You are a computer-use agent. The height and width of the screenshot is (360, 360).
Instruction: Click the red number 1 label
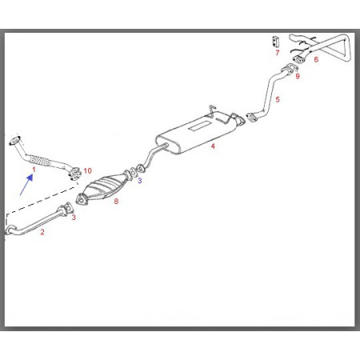tap(34, 170)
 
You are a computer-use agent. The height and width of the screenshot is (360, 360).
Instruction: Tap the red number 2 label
tap(42, 232)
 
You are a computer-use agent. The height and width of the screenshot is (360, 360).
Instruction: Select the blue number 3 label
tap(140, 181)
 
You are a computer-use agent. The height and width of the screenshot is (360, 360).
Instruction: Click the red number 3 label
tap(74, 217)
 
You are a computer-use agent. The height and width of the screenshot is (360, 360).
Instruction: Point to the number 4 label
tap(213, 146)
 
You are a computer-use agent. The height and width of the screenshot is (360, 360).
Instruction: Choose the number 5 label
tap(278, 99)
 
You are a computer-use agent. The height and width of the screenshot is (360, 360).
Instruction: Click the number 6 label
tap(316, 59)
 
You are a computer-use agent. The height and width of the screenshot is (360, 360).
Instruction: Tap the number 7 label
tap(278, 53)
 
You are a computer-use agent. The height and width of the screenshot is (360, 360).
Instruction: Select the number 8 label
tap(116, 202)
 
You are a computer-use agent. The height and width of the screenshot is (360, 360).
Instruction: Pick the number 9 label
tap(298, 76)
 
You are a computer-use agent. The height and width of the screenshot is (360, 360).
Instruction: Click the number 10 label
tap(87, 170)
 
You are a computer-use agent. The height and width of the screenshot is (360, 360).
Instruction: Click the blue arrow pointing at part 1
tap(26, 185)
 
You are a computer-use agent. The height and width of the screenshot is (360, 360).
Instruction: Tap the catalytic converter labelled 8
tap(102, 188)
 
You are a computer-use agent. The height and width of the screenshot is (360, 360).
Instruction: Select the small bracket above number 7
tap(275, 42)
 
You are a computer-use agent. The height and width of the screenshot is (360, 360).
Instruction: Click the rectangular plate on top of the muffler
tap(200, 126)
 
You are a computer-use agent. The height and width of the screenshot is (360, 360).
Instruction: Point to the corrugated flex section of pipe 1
tap(39, 161)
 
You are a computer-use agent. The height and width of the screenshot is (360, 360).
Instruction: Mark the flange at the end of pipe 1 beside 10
tap(74, 174)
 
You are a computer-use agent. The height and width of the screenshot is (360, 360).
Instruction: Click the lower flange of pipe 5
tap(251, 118)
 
